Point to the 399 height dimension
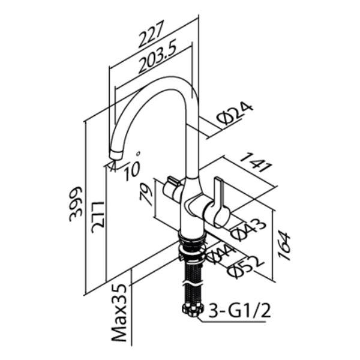click(x=76, y=204)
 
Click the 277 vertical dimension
click(x=98, y=217)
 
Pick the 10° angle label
click(x=131, y=166)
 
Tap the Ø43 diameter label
click(x=248, y=229)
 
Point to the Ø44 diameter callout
click(x=220, y=254)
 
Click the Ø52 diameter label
click(x=245, y=267)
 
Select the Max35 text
click(x=119, y=313)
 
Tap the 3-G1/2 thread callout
click(x=239, y=310)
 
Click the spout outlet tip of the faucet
click(x=116, y=154)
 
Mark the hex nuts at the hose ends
click(x=193, y=310)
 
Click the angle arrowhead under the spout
click(x=113, y=166)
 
